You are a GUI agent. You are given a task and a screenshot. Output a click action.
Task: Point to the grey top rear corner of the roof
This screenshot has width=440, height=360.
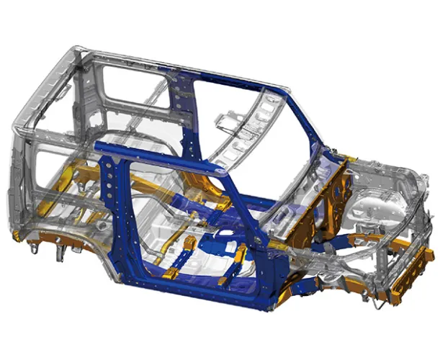click(x=76, y=54)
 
